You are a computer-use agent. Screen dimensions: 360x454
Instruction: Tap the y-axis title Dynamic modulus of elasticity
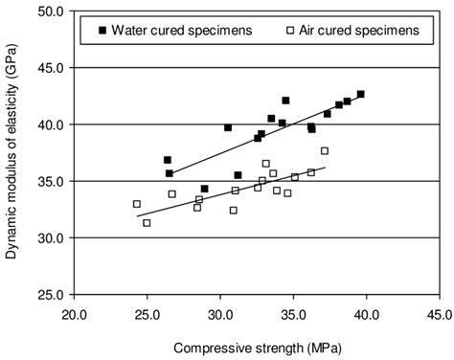pyautogui.click(x=13, y=153)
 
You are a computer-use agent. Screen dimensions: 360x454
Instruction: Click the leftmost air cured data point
pyautogui.click(x=137, y=204)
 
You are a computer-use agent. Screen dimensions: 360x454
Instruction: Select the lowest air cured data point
pyautogui.click(x=147, y=223)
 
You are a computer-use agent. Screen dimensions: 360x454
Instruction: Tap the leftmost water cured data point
pyautogui.click(x=168, y=160)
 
